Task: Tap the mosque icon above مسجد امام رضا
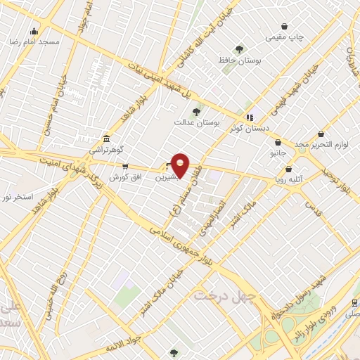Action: (34, 31)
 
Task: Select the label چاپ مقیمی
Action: (285, 37)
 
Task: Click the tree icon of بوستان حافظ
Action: (240, 49)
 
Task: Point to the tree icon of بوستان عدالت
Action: (196, 111)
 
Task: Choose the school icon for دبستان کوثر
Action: (248, 116)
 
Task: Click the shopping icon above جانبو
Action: (278, 142)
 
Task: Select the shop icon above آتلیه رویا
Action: (289, 169)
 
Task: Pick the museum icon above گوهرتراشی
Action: (105, 139)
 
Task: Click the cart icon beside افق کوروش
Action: (125, 167)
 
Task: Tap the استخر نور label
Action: (18, 198)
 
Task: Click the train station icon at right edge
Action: (354, 303)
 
